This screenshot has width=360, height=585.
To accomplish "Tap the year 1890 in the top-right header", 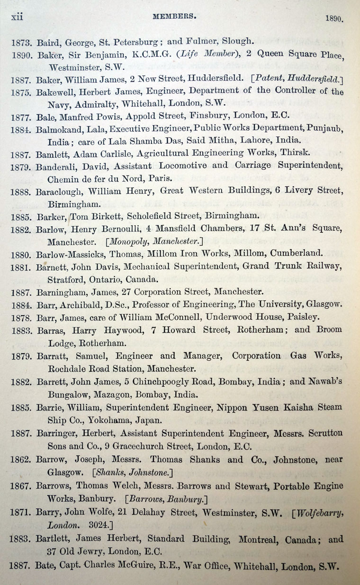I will click(x=333, y=19).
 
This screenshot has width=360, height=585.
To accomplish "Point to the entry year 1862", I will click(x=22, y=460).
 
